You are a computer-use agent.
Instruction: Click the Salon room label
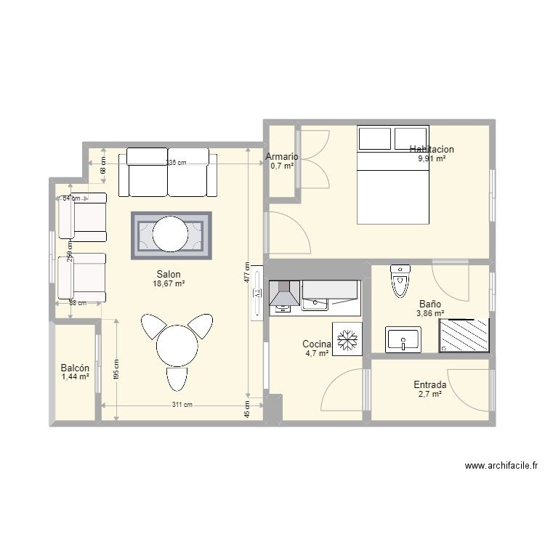(168, 274)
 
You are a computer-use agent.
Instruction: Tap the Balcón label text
(75, 368)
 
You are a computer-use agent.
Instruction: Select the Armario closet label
(282, 156)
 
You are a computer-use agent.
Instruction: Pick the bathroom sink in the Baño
(403, 339)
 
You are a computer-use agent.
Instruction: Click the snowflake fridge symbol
(347, 339)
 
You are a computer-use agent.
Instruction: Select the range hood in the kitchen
(284, 294)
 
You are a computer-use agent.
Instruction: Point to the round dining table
(177, 346)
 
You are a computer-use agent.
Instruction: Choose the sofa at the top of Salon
(168, 172)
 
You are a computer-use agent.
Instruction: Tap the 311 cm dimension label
(182, 405)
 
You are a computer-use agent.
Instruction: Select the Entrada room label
(430, 384)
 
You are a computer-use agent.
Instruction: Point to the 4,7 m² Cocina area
(316, 354)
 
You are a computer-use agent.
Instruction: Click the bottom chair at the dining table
(177, 379)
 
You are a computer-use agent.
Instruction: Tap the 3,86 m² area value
(429, 314)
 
